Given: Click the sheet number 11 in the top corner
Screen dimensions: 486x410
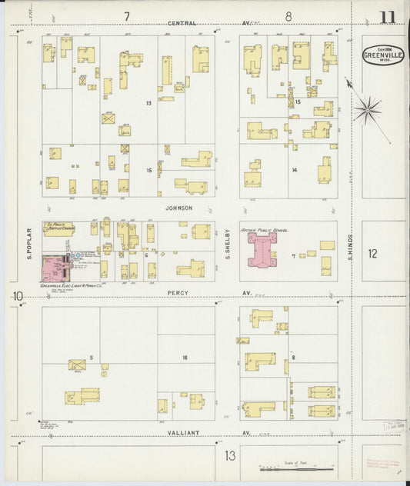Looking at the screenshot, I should [x=387, y=16].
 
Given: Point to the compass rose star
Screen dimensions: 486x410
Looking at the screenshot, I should [x=368, y=109].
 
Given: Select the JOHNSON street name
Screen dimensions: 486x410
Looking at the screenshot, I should [x=177, y=208].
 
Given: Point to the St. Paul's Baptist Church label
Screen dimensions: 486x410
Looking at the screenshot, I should [x=58, y=228].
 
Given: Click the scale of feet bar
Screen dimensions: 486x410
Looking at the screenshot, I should [x=296, y=468].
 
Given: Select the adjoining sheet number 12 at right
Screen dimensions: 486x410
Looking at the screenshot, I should [x=373, y=253].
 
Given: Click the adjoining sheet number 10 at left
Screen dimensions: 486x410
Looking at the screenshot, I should [x=17, y=296].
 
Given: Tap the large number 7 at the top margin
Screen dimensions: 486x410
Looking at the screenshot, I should [x=126, y=15].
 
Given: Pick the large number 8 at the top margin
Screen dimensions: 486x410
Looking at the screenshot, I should [x=288, y=15].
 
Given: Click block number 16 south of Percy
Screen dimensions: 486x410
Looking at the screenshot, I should [x=185, y=358].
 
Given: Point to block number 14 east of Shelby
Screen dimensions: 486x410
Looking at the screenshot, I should [x=294, y=170].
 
